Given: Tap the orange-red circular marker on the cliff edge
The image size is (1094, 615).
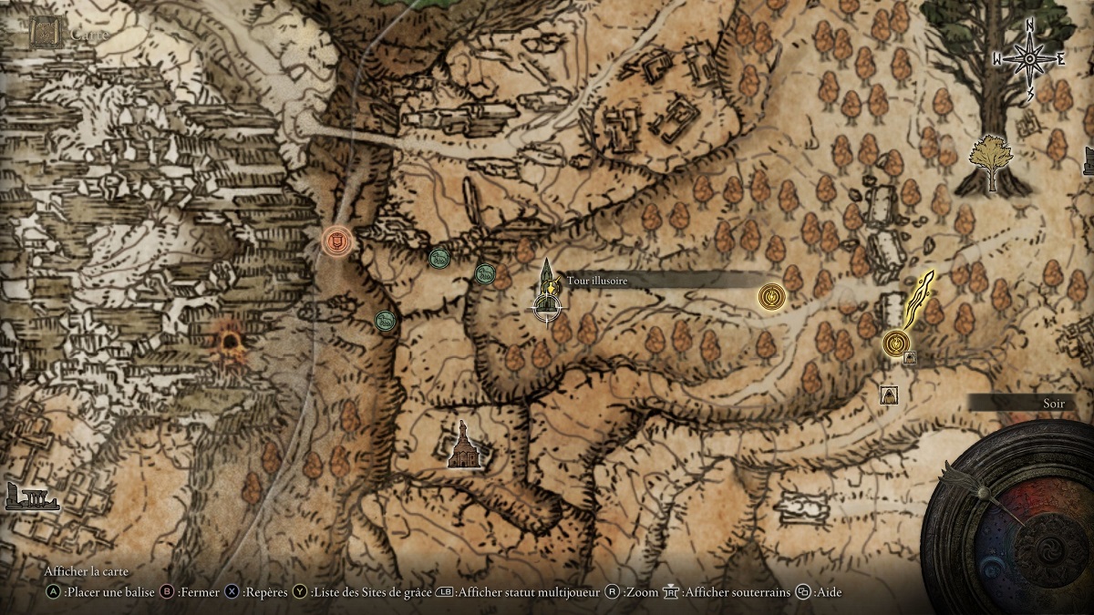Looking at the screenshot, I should (x=337, y=241).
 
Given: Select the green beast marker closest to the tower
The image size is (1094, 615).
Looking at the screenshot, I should (x=484, y=272).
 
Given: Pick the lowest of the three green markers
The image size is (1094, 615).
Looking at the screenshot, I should (x=385, y=320).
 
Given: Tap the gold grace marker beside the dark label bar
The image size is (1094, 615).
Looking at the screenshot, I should (x=771, y=295).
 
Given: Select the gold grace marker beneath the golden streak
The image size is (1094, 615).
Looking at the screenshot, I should (x=896, y=343).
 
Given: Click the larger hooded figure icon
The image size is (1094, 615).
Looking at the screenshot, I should (x=890, y=395).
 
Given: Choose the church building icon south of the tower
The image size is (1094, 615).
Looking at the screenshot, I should (x=463, y=446).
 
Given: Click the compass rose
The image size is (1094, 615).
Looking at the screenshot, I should (x=1029, y=59).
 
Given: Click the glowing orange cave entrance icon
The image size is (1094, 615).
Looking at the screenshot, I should (x=228, y=342).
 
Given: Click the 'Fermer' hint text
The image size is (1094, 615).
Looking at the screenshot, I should (x=198, y=592).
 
